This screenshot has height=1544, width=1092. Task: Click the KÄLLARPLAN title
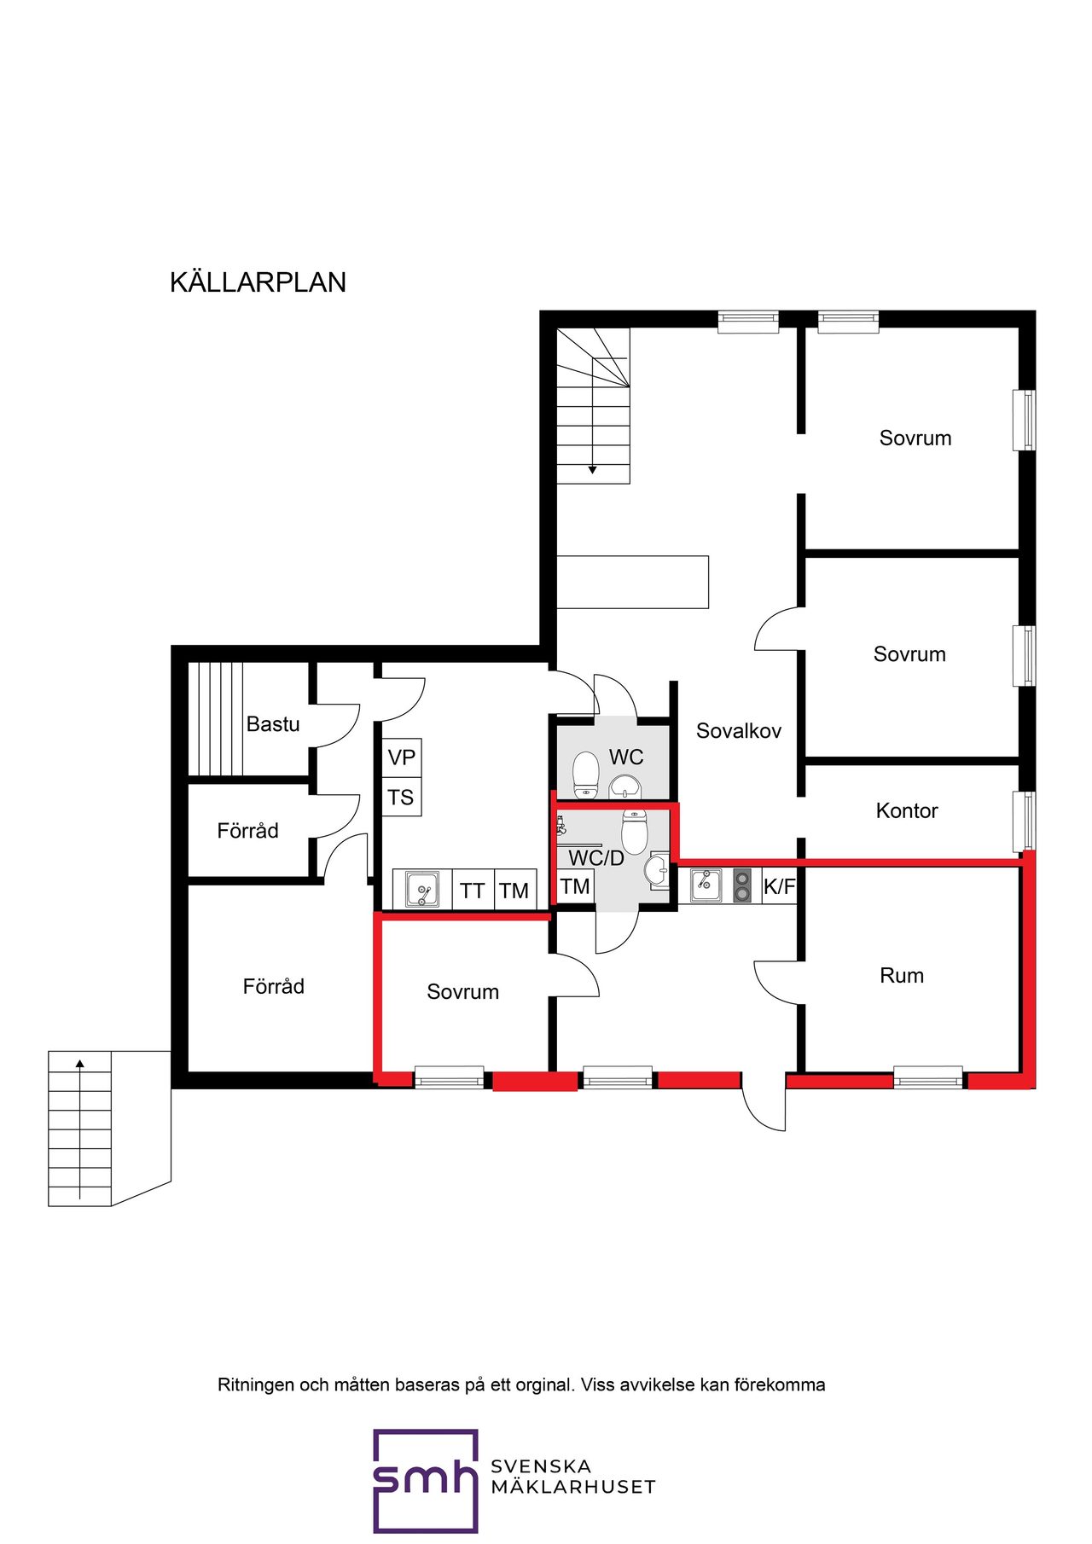click(258, 282)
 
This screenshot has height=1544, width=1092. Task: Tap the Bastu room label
click(273, 724)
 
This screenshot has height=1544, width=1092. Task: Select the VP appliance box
click(401, 757)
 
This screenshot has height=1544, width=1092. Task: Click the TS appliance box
click(401, 798)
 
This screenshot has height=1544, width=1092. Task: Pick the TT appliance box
click(472, 891)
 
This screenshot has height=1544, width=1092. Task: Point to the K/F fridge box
click(779, 886)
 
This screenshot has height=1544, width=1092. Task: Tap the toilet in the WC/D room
click(635, 832)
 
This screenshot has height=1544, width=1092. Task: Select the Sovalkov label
click(739, 731)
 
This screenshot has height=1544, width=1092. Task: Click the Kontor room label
click(907, 810)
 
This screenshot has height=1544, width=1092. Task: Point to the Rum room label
click(902, 975)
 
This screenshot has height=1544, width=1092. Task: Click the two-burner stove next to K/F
click(742, 885)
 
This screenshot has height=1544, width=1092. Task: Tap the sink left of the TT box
click(422, 890)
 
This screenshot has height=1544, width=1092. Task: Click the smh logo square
click(426, 1481)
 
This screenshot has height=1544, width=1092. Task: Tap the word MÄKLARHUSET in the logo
click(573, 1487)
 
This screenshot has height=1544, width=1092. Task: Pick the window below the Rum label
click(928, 1077)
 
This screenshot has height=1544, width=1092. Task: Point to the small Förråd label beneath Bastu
click(247, 831)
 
